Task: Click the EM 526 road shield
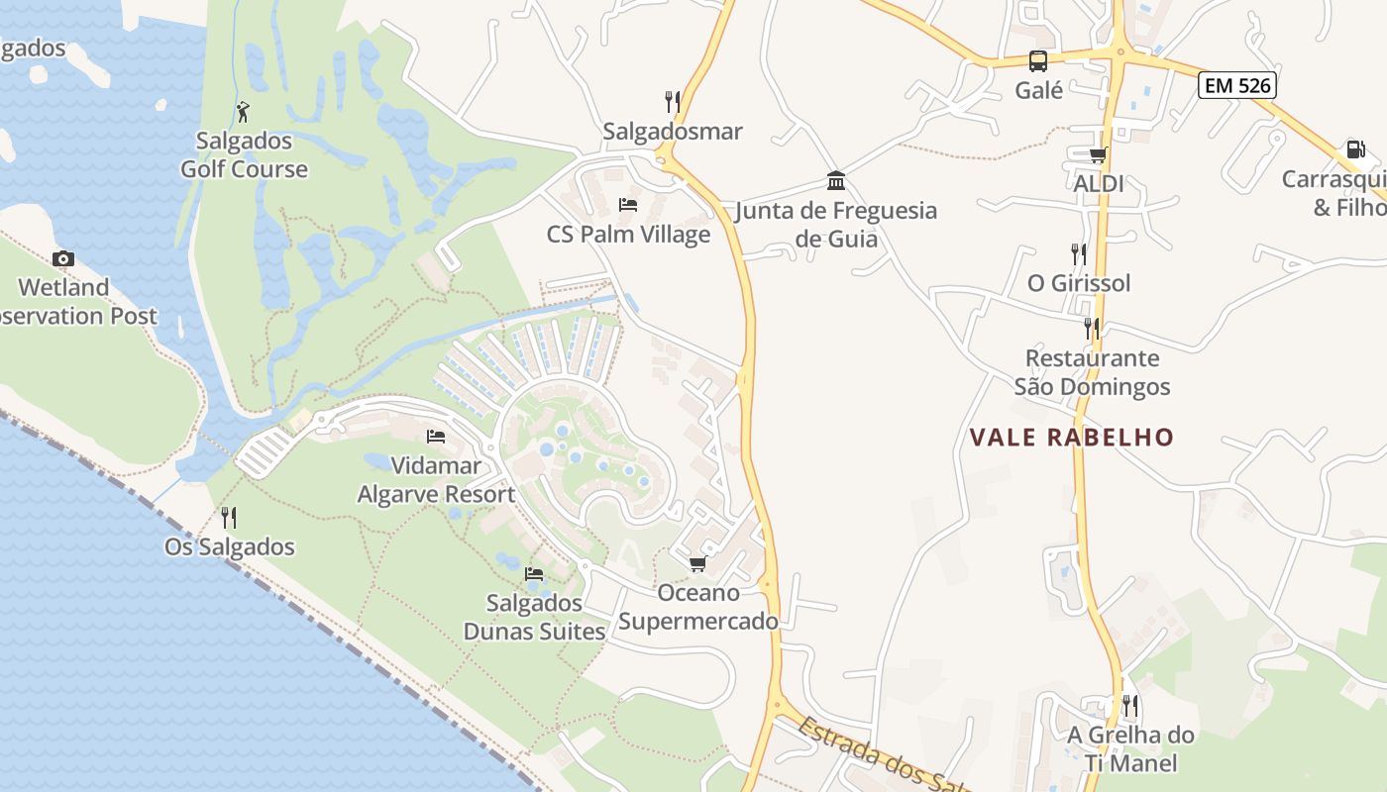[x=1237, y=85]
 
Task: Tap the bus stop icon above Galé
[x=1037, y=61]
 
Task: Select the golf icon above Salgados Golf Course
[x=243, y=112]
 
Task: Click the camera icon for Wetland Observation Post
[x=63, y=259]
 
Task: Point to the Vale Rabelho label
[x=1071, y=438]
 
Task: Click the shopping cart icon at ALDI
[x=1098, y=154]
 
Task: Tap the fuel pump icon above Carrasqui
[x=1354, y=149]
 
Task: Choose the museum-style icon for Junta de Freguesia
[x=836, y=181]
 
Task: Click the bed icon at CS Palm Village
[x=627, y=205]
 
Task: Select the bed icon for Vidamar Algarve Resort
[x=435, y=437]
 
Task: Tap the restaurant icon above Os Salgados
[x=229, y=517]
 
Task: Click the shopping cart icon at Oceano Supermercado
[x=697, y=564]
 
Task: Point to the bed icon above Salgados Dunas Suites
[x=534, y=573]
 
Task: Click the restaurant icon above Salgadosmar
[x=673, y=101]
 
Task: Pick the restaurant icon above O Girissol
[x=1078, y=253]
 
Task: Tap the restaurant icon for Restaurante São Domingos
[x=1091, y=328]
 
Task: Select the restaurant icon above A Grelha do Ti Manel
[x=1129, y=706]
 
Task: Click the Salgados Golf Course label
[x=244, y=155]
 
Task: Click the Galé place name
[x=1038, y=91]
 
